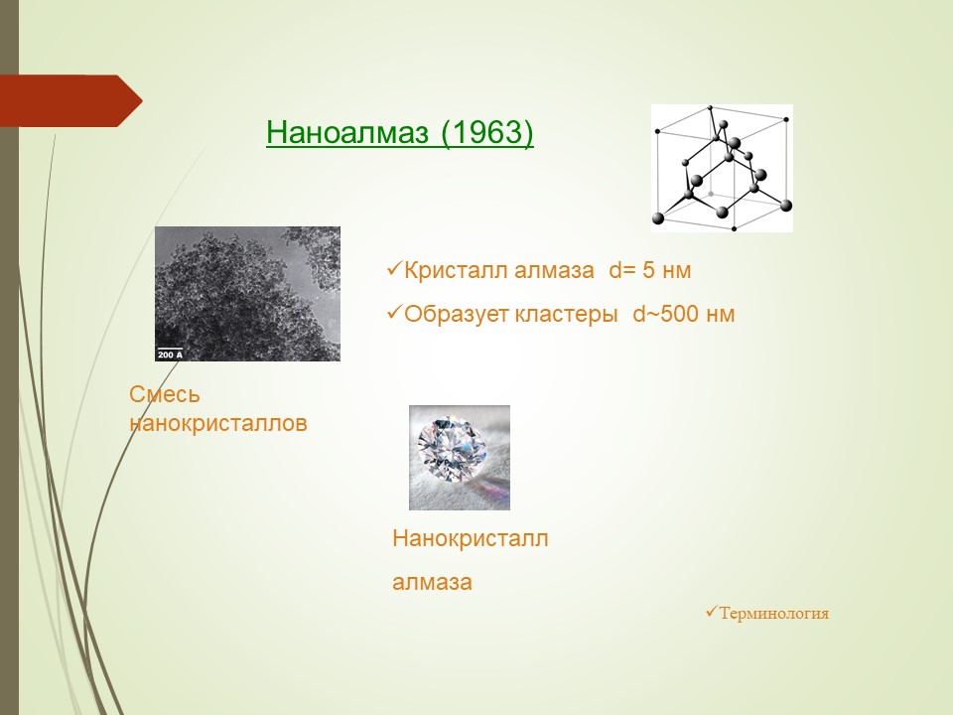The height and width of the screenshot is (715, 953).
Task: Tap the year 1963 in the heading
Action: coord(485,131)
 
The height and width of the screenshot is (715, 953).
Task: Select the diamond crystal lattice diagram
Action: coord(722,168)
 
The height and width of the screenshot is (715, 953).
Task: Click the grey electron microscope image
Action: coord(247,294)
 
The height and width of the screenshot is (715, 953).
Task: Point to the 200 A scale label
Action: coord(170,355)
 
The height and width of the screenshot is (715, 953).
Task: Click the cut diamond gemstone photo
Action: coord(460,457)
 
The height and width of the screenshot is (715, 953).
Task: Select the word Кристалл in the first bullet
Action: coord(457,270)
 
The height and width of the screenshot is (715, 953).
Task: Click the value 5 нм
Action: coord(667,270)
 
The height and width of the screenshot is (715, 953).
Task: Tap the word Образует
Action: coord(457,315)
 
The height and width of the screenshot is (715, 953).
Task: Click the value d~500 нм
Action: coord(684,314)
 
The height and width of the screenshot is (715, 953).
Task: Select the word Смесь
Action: coord(164,394)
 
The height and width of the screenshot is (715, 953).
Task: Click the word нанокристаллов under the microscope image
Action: coord(218,423)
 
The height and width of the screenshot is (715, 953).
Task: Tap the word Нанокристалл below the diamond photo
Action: coord(471,538)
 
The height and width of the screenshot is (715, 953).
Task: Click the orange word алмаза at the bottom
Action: coord(432,583)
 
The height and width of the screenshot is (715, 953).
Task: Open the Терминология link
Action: coord(773,613)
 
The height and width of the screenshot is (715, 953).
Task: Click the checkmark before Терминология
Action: coord(712,611)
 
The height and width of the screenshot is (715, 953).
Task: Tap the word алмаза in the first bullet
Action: coord(554,270)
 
